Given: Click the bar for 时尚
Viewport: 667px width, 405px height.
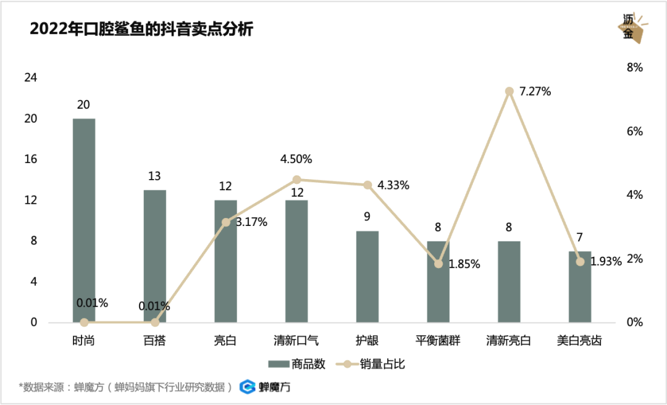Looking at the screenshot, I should (84, 220).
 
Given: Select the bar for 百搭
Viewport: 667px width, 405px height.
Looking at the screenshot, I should (155, 256).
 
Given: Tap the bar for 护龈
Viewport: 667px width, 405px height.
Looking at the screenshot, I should (367, 276).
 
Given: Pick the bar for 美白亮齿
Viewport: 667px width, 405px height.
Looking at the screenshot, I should (580, 286).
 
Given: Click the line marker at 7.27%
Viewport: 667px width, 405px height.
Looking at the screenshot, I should (510, 91).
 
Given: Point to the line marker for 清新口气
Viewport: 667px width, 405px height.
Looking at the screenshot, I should (296, 180).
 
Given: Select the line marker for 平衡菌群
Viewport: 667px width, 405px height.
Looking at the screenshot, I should (438, 264).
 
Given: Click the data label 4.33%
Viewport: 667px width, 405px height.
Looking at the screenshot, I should (393, 185).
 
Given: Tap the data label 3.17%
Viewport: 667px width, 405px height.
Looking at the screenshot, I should (251, 222).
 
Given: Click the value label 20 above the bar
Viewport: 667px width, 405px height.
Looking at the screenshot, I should (83, 105).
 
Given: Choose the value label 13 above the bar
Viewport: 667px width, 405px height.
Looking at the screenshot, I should (154, 177).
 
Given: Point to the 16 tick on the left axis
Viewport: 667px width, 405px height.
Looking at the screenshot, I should (30, 159).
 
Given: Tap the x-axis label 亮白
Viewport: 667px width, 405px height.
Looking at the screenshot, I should (225, 340).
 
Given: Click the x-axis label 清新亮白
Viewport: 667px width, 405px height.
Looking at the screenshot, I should (509, 340).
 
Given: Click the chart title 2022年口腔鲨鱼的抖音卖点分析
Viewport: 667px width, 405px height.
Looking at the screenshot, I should (142, 29).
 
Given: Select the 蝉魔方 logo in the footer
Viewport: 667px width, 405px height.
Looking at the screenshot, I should (265, 387).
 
